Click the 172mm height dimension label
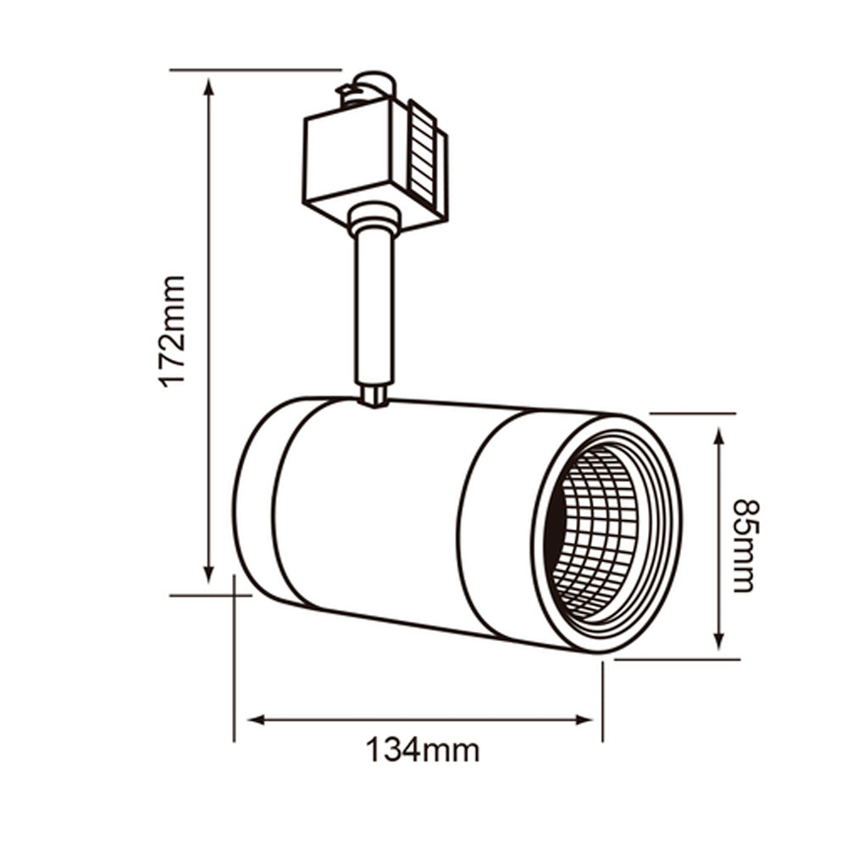pyautogui.click(x=173, y=330)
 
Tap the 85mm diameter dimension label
pyautogui.click(x=743, y=545)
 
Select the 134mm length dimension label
pyautogui.click(x=422, y=750)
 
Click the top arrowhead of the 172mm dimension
pyautogui.click(x=208, y=85)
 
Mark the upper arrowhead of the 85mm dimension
pyautogui.click(x=719, y=435)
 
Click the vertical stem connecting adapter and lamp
pyautogui.click(x=374, y=305)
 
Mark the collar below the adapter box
pyautogui.click(x=373, y=221)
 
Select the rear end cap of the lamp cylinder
pyautogui.click(x=254, y=500)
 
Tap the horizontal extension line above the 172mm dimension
pyautogui.click(x=254, y=69)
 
